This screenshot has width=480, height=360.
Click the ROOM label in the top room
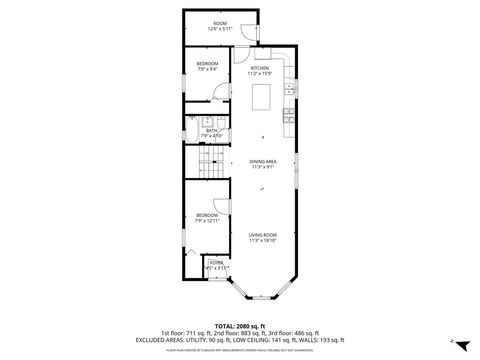(218, 23)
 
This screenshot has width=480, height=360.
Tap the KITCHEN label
(260, 68)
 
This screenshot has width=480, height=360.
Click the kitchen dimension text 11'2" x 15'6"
(260, 74)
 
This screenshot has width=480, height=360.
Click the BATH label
(212, 130)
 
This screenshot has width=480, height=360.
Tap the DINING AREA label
(264, 161)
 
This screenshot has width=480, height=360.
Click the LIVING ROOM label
(263, 235)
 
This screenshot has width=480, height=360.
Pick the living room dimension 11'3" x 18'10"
(263, 241)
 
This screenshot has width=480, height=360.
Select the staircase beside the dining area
(207, 166)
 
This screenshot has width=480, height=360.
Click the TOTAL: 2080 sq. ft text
(239, 325)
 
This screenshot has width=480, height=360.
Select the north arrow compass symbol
(452, 340)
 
